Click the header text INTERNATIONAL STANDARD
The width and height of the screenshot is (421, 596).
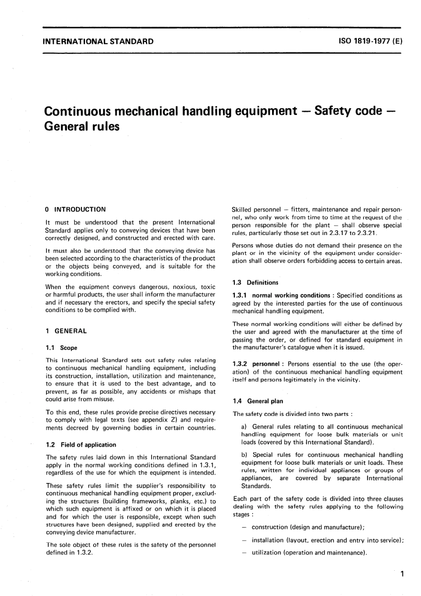[98, 42]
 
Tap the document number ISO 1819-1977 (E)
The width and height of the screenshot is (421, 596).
[370, 42]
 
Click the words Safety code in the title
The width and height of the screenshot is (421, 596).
[347, 110]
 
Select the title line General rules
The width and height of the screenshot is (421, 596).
[82, 126]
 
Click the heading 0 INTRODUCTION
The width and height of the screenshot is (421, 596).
[76, 209]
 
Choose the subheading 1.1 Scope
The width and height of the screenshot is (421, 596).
[62, 348]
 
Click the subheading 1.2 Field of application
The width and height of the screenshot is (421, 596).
[81, 445]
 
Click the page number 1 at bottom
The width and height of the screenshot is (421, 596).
[402, 574]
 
